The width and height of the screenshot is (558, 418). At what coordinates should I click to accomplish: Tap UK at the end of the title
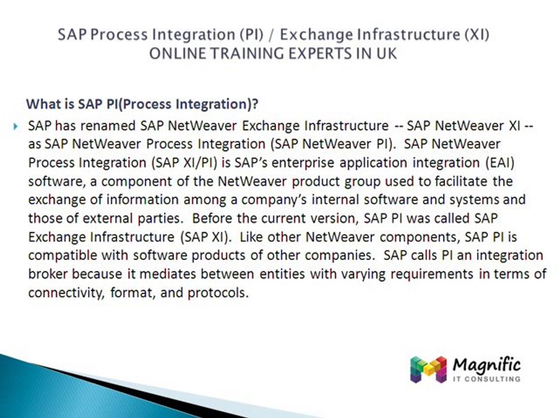point(387,53)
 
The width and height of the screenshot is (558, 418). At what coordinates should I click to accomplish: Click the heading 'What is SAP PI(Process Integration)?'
point(142,105)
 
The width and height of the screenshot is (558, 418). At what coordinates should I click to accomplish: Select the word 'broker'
point(47,275)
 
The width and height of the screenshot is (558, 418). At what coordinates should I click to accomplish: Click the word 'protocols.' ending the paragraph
point(217,293)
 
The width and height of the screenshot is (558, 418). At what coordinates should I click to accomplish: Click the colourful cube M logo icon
point(428,369)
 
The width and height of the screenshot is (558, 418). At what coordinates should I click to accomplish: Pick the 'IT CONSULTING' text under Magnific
point(486,380)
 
